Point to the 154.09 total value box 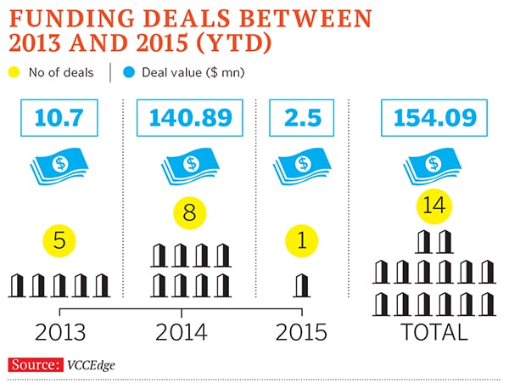click(x=433, y=117)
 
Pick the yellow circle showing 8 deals click(x=190, y=212)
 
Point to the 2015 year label click(x=302, y=330)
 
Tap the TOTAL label click(x=433, y=330)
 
